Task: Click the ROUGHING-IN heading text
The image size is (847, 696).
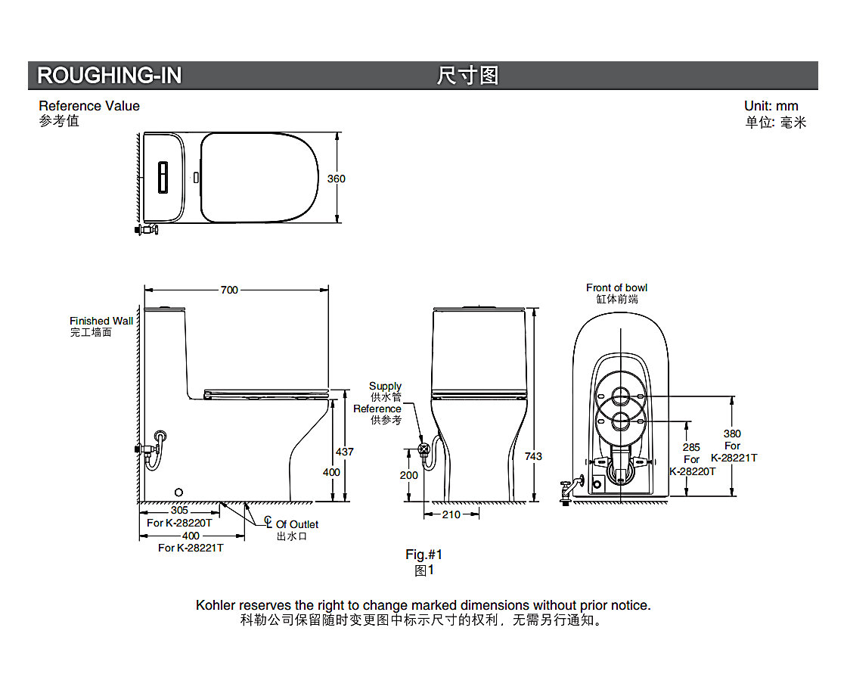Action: click(109, 75)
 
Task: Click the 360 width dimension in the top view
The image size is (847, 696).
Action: click(336, 179)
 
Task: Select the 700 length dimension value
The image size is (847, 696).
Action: click(229, 291)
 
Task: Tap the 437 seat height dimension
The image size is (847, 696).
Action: click(345, 452)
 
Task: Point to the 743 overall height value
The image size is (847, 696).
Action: click(533, 457)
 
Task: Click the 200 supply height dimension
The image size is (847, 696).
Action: click(409, 476)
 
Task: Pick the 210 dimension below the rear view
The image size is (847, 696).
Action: click(451, 515)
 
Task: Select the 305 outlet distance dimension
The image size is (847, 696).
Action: click(179, 510)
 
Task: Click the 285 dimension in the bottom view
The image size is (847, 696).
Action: click(691, 447)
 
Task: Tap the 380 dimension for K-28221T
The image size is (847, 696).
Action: click(732, 434)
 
